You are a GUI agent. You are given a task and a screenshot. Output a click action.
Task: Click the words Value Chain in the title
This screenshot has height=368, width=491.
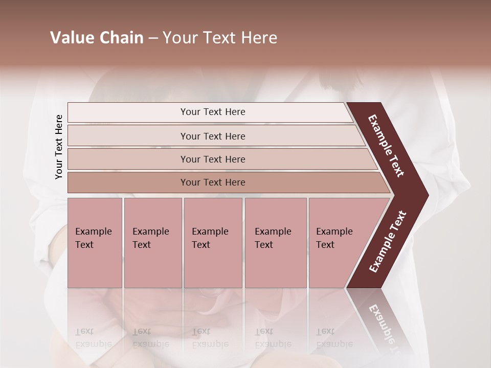(97, 38)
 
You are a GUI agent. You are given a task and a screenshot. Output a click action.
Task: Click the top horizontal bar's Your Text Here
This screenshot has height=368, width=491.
(213, 112)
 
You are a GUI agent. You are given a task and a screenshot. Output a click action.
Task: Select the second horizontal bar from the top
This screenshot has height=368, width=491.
(213, 136)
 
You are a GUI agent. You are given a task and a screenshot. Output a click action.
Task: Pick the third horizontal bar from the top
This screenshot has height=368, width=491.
(213, 159)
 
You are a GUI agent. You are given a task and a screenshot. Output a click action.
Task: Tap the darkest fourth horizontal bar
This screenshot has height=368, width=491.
(213, 182)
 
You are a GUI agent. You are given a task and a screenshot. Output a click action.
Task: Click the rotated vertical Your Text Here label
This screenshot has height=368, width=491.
(59, 147)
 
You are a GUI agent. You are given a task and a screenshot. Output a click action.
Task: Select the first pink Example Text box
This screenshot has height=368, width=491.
(95, 243)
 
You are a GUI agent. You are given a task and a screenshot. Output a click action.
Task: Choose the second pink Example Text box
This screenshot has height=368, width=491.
(152, 243)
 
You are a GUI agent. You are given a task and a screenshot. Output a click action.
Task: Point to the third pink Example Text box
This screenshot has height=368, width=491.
(213, 243)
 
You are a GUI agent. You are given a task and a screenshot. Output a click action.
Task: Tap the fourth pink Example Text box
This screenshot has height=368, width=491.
(275, 243)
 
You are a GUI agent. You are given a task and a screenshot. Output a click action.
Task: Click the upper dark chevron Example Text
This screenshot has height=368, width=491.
(386, 146)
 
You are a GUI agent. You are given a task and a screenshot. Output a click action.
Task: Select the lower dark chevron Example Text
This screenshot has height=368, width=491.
(387, 242)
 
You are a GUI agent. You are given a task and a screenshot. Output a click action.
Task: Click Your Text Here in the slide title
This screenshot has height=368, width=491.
(220, 38)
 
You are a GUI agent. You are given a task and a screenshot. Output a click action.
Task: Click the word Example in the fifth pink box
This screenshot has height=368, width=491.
(334, 232)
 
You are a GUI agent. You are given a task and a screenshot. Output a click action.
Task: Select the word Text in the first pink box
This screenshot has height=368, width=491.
(84, 245)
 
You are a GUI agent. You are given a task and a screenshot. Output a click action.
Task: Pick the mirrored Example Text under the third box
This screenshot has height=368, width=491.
(210, 337)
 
